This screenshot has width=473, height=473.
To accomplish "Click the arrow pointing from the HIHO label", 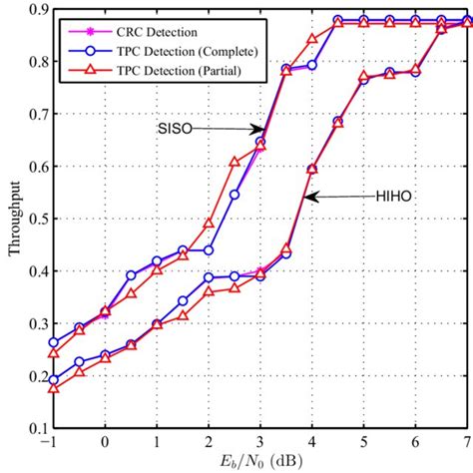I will coord(334,198).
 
